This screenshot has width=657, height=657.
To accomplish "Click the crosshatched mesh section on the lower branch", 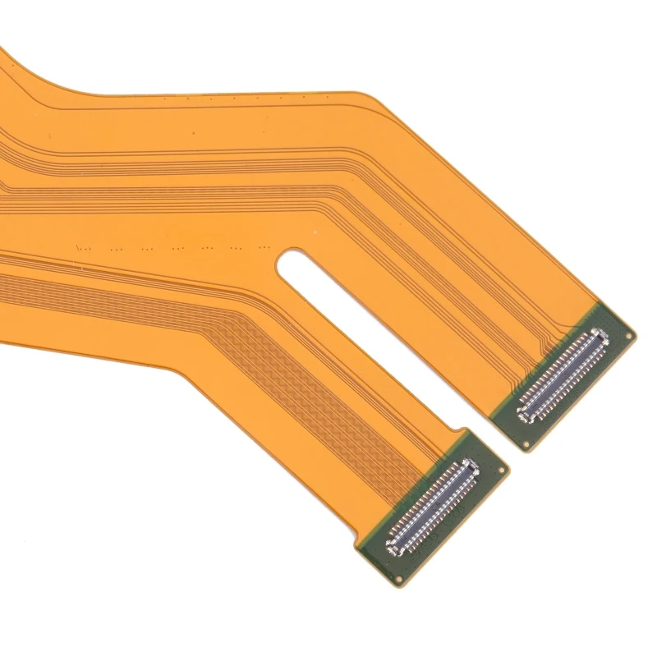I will click(271, 345).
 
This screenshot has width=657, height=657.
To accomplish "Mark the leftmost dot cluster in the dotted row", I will click(82, 246).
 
